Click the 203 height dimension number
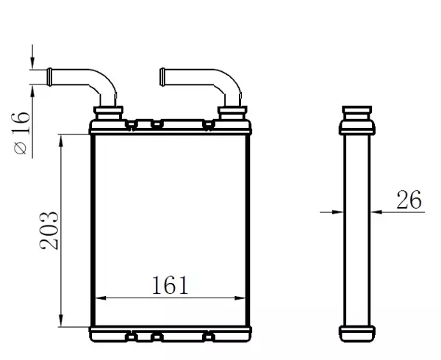pos(49,230)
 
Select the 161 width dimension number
pos(170,284)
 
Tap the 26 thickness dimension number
pos(408,199)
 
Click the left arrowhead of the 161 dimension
pos(101,298)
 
